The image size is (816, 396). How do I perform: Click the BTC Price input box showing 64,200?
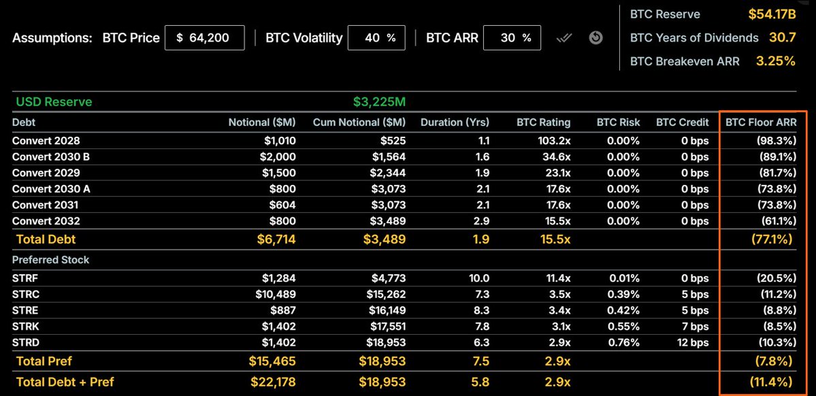click(x=205, y=38)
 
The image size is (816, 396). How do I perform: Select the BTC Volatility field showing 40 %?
click(x=376, y=38)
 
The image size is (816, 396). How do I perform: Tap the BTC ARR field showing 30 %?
click(x=512, y=38)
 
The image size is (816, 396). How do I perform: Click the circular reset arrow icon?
click(x=596, y=38)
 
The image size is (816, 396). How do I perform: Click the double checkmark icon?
click(x=565, y=38)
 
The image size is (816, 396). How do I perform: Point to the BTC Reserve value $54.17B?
click(x=772, y=14)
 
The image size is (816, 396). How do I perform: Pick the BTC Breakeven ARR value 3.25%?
click(x=776, y=61)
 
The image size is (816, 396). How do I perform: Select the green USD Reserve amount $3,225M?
click(x=379, y=102)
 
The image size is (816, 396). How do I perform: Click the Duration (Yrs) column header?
click(x=455, y=122)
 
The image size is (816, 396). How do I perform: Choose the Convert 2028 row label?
click(x=46, y=140)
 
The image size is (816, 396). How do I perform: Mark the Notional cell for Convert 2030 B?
click(x=276, y=156)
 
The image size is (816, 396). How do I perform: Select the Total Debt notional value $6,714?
click(x=276, y=240)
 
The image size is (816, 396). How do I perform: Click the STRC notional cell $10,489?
click(x=276, y=294)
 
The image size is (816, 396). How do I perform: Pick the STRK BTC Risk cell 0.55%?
click(x=623, y=327)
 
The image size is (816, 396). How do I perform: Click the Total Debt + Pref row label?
click(x=65, y=382)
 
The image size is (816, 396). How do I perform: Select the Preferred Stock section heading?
click(x=50, y=260)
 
